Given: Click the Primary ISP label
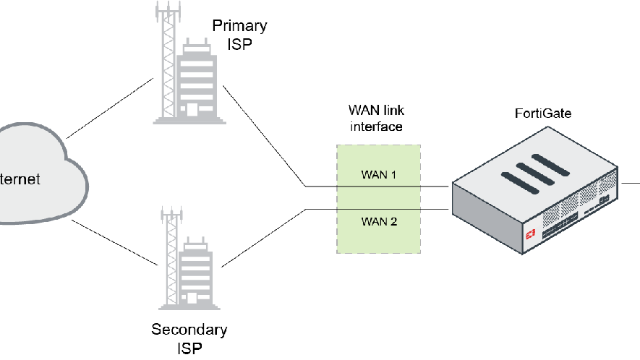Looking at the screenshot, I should tap(239, 35).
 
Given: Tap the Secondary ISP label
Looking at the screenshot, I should tap(189, 338).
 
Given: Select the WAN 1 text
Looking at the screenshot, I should tap(379, 175).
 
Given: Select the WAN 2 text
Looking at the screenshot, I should tap(379, 221).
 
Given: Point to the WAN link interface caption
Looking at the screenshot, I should tap(376, 119).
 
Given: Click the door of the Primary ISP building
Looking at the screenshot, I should tap(192, 111).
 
